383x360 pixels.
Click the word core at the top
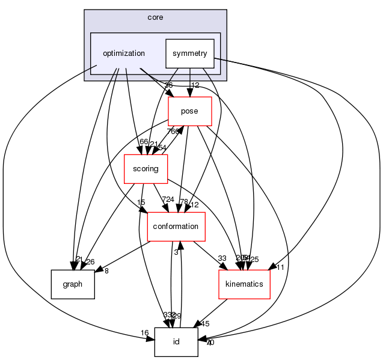(155, 17)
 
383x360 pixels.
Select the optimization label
(124, 53)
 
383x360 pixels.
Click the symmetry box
(189, 53)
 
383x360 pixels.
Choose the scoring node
(146, 169)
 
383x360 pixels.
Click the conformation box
(176, 226)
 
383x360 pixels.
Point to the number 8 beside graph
(106, 271)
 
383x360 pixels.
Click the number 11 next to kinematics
(280, 267)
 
